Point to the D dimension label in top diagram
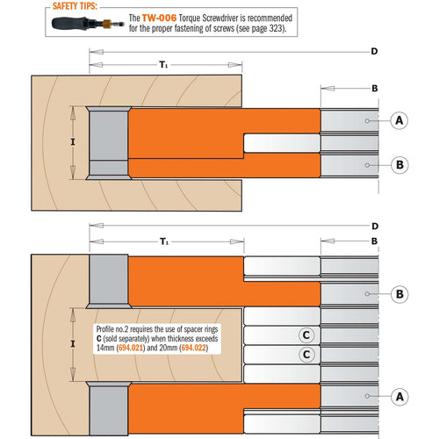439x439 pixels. coord(374,52)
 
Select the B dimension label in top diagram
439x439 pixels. coord(374,88)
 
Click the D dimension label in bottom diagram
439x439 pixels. coord(374,225)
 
